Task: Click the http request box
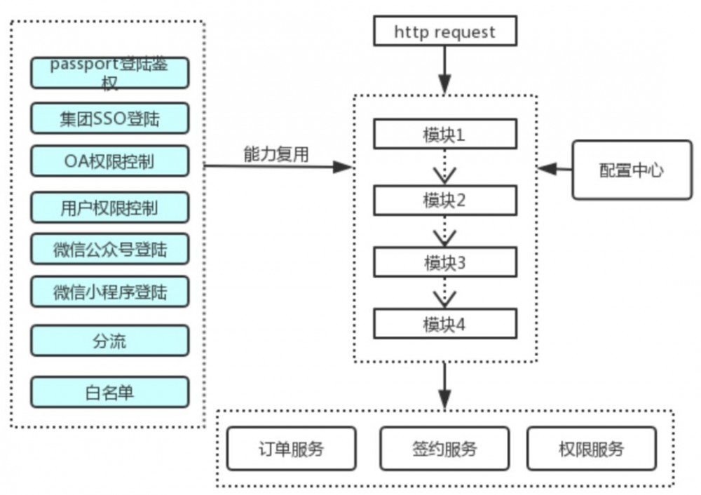point(444,32)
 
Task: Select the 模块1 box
point(444,135)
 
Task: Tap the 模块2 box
point(444,201)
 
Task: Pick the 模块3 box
point(444,263)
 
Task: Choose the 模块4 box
point(444,325)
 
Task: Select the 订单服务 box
point(291,449)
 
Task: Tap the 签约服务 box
point(444,449)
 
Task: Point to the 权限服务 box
point(591,449)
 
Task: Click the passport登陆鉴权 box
point(109,73)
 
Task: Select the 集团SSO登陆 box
point(109,118)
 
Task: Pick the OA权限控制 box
point(109,161)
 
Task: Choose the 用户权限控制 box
point(109,208)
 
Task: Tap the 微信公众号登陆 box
point(109,248)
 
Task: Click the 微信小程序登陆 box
point(109,292)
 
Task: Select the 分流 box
point(109,341)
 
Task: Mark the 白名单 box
point(109,393)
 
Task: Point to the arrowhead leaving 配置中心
point(547,169)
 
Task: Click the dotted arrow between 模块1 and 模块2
point(444,168)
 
